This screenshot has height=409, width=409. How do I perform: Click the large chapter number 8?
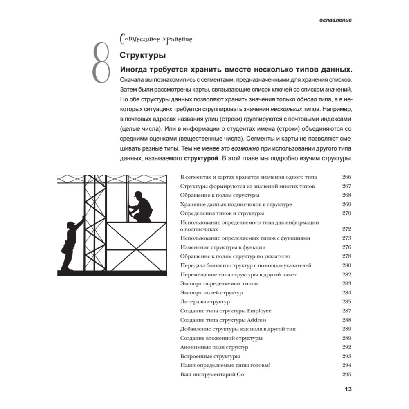pos(101,62)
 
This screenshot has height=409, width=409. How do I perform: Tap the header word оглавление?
pos(331,20)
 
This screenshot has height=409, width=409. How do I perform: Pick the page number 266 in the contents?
pos(346,178)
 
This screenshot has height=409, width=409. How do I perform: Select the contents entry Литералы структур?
pos(205,302)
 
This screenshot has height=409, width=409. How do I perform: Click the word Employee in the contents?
pos(258,311)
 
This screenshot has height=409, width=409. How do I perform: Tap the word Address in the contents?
pos(256,320)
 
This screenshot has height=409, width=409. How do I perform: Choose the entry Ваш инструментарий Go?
pos(212,375)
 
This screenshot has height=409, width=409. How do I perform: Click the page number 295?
pos(346,375)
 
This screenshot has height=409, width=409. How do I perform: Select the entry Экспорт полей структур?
pos(211,293)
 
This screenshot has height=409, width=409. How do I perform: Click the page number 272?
pos(346,229)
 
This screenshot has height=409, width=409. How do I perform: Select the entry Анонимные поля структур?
pos(214,347)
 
